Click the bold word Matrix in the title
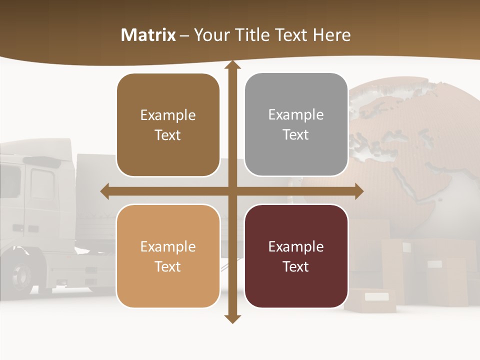coord(148,35)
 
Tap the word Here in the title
coord(331,35)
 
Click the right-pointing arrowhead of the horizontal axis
coord(359,191)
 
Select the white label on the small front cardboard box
coord(376,296)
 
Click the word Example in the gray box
coord(296,115)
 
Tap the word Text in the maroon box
coord(296,267)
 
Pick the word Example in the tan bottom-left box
coord(168,247)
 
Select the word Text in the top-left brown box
coord(168,135)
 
